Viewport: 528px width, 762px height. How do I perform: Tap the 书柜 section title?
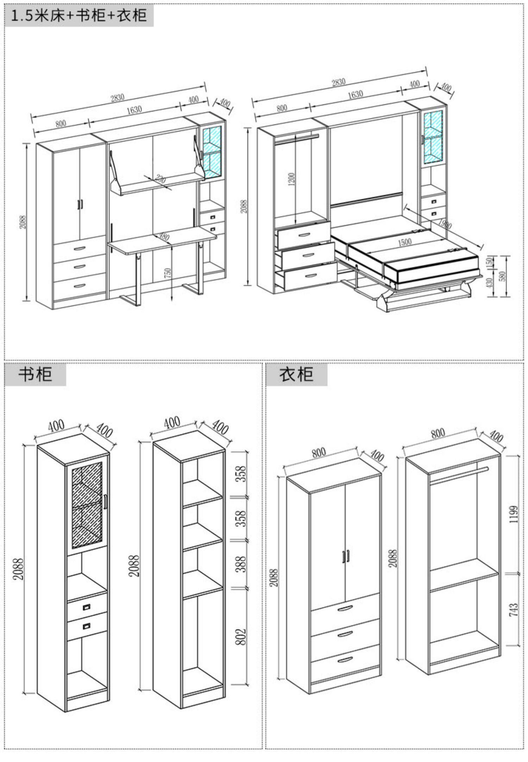35,374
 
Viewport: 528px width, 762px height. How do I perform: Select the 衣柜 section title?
296,374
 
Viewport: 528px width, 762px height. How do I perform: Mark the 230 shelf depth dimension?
160,179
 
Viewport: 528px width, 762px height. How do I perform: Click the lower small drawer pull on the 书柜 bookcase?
87,626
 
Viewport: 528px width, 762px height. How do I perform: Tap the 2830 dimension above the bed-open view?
338,82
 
